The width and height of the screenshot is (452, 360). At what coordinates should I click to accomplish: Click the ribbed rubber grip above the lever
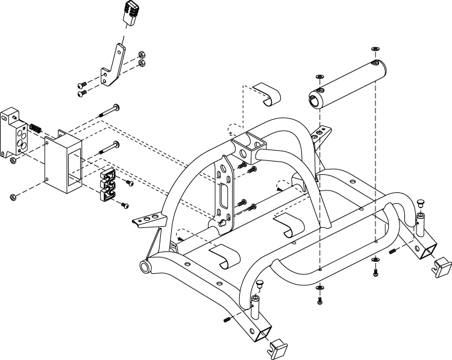(131, 13)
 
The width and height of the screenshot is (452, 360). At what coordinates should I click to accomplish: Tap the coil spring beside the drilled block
(35, 128)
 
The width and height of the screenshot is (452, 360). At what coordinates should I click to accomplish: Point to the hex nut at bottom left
(13, 197)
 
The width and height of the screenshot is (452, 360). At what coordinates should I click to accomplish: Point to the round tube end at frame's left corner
(145, 267)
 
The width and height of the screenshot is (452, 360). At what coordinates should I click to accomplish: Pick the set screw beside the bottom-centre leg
(228, 319)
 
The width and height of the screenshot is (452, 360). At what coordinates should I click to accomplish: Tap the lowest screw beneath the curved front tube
(319, 299)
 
